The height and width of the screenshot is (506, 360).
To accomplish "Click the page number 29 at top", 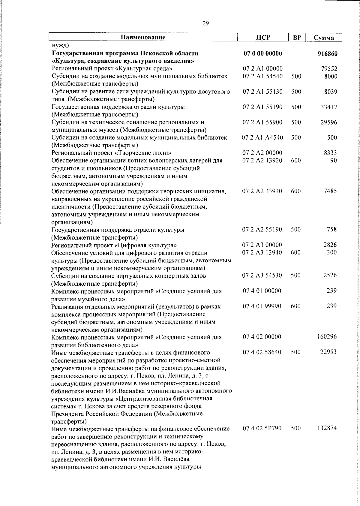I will click(x=206, y=24).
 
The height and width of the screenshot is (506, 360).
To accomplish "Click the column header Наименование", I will click(x=143, y=38).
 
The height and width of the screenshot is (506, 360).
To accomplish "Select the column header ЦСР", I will click(x=262, y=38).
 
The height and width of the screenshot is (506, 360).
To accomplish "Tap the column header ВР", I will click(x=296, y=38).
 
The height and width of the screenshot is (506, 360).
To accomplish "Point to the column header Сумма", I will click(x=324, y=38).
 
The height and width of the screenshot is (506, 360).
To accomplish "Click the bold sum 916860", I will click(x=328, y=54).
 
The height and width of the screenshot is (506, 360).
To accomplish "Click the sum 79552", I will click(x=329, y=69).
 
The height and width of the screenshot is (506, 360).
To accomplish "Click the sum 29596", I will click(x=329, y=122).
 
